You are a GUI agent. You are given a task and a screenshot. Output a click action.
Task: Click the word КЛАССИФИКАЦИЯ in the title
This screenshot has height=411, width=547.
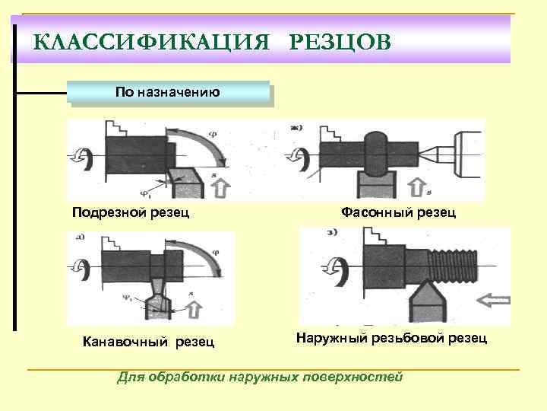[x=152, y=40]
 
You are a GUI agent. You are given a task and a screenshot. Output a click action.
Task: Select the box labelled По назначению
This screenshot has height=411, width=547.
[x=168, y=93]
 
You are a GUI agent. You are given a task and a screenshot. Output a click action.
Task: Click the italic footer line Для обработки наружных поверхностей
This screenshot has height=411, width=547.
[x=260, y=376]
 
